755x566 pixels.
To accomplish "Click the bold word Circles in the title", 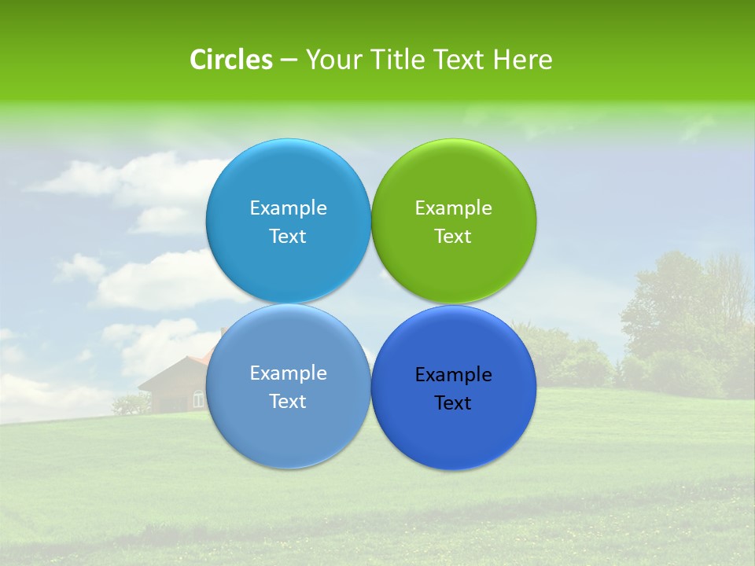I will coord(230,60).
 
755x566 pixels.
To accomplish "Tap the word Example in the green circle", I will coord(453,208).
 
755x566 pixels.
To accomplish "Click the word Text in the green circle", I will coord(453,236).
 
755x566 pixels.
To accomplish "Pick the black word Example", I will coord(453,374).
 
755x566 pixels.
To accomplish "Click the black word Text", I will coord(453,402).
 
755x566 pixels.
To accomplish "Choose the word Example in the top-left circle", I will coord(288,208).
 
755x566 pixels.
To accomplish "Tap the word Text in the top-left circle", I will coord(288,236).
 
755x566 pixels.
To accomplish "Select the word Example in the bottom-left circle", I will coord(288,373).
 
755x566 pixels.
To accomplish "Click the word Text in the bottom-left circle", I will coord(288,401).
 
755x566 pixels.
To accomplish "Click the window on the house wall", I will coord(198,400).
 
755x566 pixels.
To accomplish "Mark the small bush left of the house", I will coord(130,404).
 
